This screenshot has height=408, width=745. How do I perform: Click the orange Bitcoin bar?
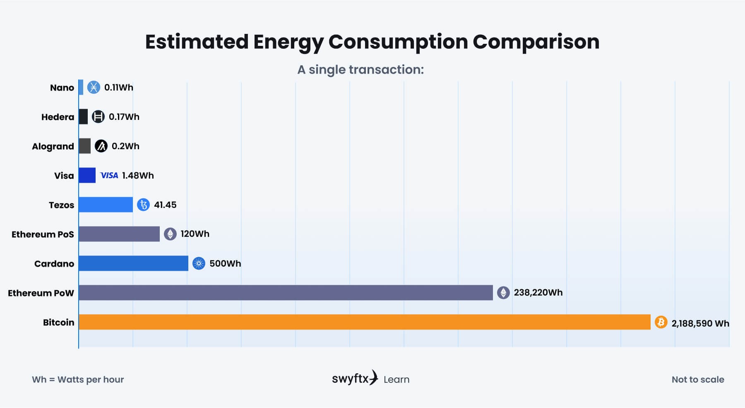364,322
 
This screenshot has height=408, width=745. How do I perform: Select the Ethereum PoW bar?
286,293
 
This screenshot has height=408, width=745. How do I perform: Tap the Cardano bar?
133,263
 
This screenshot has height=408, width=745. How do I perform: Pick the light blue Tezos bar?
106,205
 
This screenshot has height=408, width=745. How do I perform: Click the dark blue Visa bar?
87,175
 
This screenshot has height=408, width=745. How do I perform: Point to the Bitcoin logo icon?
661,322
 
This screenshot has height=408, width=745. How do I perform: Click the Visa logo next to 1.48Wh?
109,175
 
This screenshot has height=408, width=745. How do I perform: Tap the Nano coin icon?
94,87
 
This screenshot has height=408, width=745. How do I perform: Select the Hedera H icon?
98,117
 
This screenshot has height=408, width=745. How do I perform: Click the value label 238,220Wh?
538,293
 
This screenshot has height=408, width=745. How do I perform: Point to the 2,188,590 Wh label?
700,323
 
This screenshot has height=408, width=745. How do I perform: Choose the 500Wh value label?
225,264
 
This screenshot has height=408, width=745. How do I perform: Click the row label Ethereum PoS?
43,234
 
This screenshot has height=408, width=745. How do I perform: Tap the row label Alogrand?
53,146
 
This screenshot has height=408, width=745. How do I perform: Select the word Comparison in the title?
536,42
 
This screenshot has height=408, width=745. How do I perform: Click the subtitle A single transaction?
360,69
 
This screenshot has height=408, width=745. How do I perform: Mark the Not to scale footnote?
698,379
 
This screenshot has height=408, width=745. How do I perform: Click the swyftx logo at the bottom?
355,378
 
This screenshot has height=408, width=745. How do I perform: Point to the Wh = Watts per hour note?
78,379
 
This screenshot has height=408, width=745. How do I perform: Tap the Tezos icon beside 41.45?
143,205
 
